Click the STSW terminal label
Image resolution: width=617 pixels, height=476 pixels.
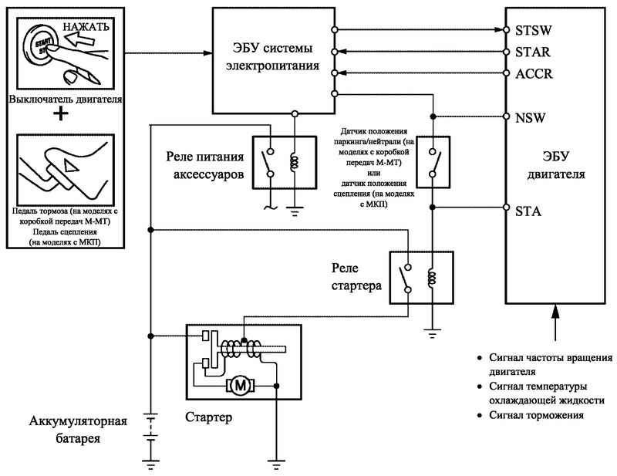(x=533, y=30)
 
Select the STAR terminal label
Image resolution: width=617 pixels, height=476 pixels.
(x=532, y=52)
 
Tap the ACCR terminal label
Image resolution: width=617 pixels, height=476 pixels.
(x=534, y=73)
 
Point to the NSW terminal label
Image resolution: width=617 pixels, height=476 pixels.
(x=530, y=118)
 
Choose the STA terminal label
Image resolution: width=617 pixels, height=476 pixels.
(x=528, y=211)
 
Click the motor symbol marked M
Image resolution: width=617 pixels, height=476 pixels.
(x=240, y=385)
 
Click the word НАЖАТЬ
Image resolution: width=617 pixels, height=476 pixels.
(x=86, y=27)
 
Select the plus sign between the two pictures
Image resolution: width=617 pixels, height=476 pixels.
(x=61, y=114)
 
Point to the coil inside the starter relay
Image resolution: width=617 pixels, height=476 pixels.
(x=432, y=278)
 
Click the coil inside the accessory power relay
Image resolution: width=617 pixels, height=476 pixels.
(x=295, y=162)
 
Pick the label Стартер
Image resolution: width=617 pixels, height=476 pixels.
(x=208, y=417)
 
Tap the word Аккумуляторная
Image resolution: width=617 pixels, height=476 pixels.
(x=78, y=421)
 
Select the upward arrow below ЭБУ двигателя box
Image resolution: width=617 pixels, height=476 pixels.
(x=555, y=322)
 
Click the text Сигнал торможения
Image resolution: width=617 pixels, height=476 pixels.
(x=536, y=415)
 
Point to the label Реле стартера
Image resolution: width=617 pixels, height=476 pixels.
(x=356, y=277)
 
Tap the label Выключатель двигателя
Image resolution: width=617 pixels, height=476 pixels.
(x=66, y=99)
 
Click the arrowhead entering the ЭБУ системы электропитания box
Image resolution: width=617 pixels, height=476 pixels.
(x=208, y=52)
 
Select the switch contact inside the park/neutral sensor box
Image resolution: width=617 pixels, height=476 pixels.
(x=436, y=163)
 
